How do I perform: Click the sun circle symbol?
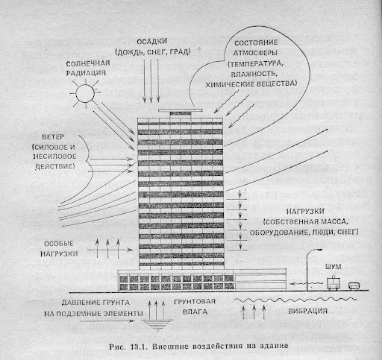point(85,93)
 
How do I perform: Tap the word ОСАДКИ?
point(151,42)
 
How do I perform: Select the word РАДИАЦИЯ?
point(86,73)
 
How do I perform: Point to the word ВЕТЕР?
point(53,137)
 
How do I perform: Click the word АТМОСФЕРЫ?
point(255,53)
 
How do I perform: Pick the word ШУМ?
point(333,267)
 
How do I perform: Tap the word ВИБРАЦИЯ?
point(307,311)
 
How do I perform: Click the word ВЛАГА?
point(195,312)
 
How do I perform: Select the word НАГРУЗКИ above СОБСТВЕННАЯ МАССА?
point(305,212)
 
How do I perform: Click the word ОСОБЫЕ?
point(59,244)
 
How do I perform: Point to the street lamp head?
point(318,250)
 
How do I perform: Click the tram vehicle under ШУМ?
point(334,283)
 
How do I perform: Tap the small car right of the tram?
point(354,286)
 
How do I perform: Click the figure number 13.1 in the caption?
point(138,347)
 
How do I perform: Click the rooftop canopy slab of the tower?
point(181,110)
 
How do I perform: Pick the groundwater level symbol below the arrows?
point(157,326)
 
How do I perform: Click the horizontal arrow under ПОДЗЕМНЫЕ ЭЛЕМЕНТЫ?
point(107,321)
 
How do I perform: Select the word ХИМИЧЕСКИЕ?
point(229,84)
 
